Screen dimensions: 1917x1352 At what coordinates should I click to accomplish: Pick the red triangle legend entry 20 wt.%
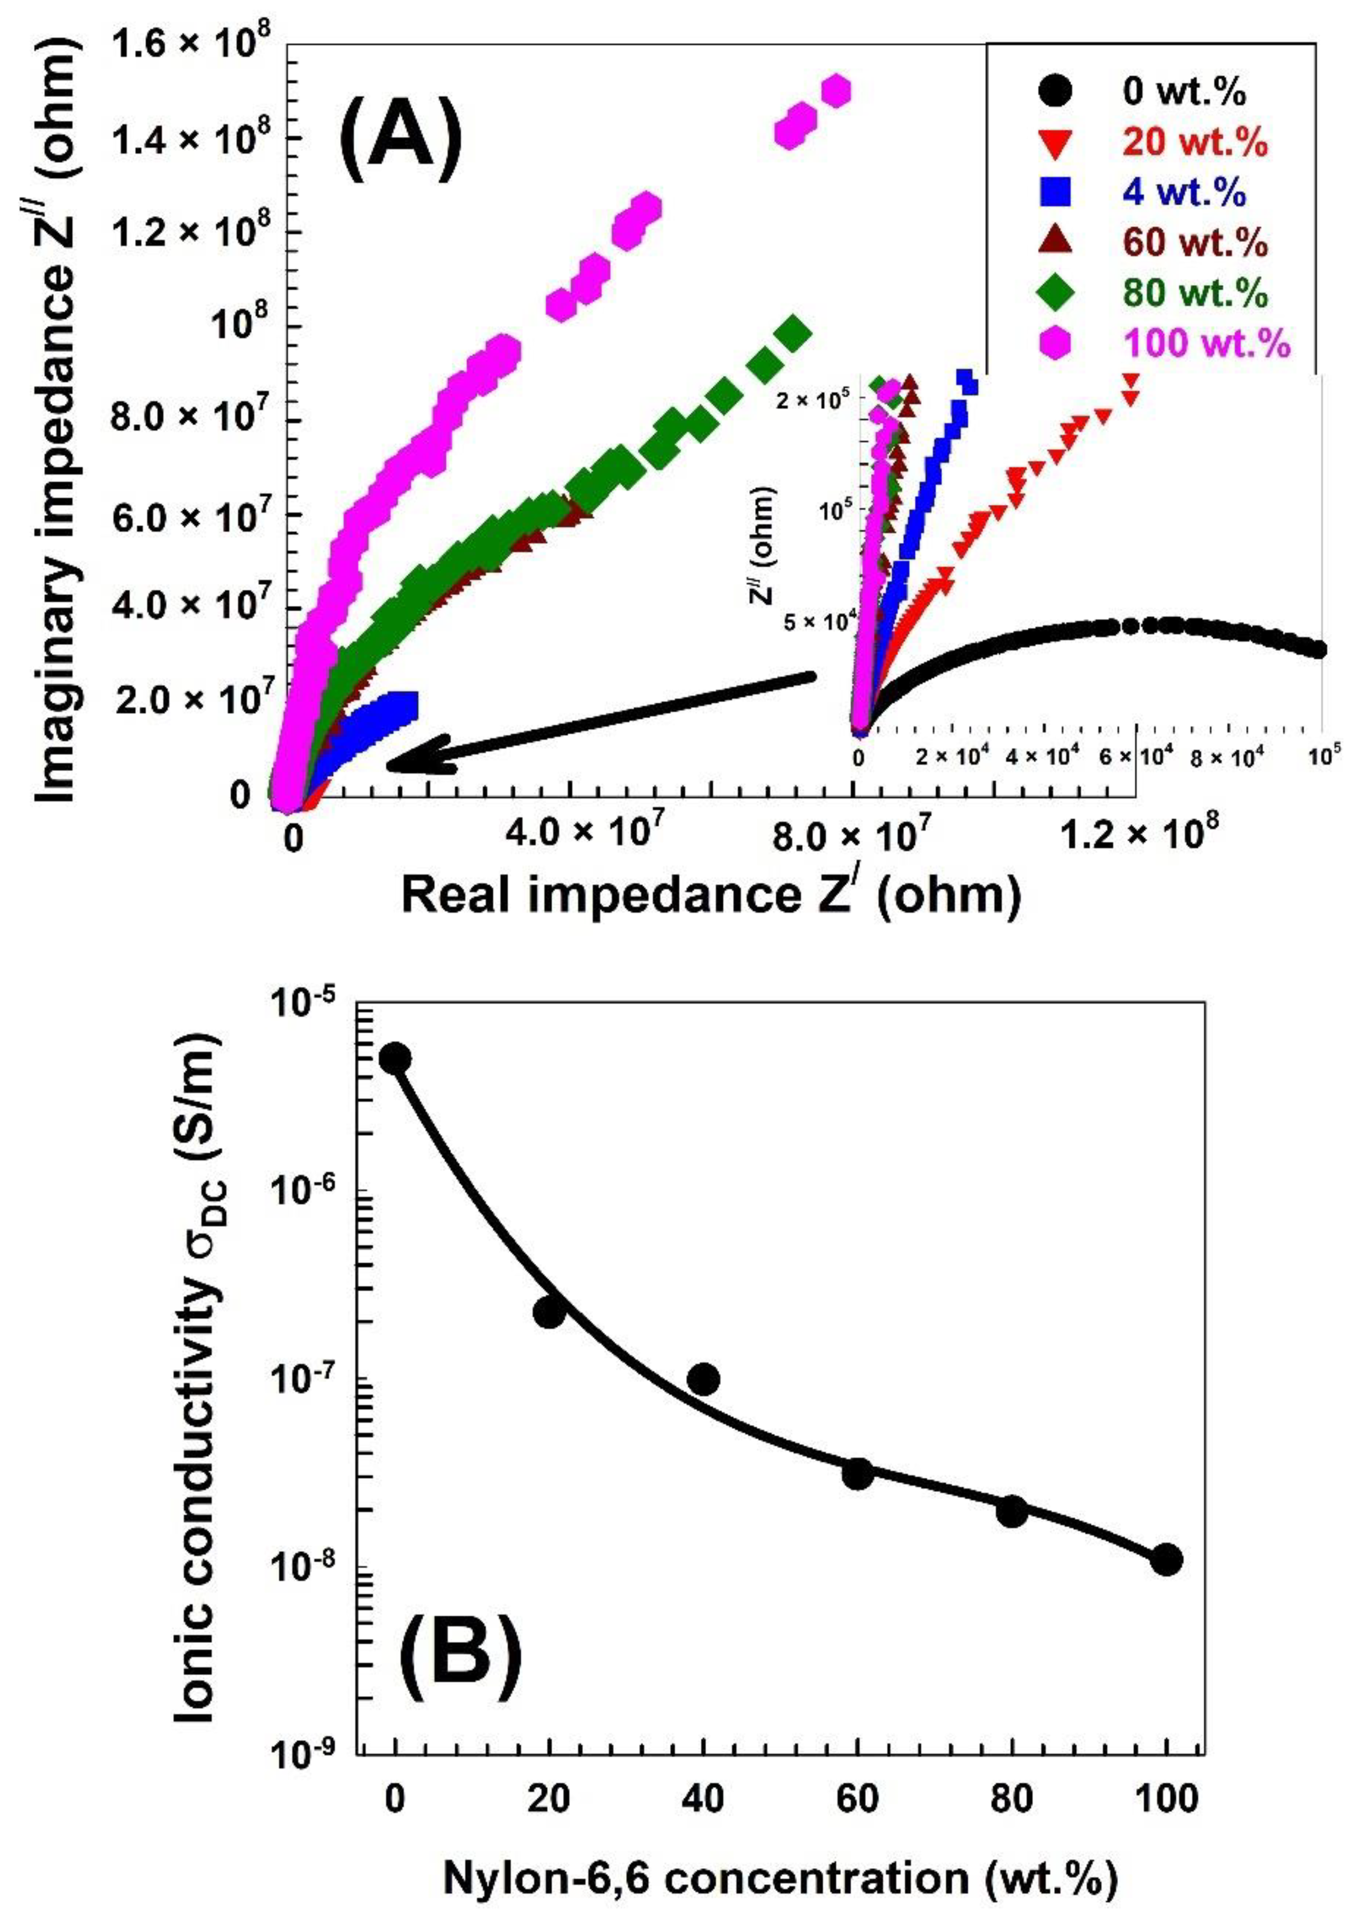pos(1195,143)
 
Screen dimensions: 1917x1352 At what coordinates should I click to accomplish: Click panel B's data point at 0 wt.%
pos(395,1058)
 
